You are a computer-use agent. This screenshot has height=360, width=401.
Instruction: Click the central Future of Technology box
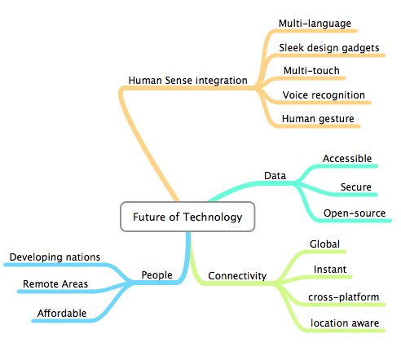coord(187,217)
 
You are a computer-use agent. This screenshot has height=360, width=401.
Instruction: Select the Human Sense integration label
coord(187,81)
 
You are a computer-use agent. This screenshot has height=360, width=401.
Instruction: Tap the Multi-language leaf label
coord(315,24)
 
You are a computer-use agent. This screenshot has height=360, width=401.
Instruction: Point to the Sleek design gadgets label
coord(329,48)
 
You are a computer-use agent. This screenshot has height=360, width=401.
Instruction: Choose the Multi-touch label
coord(311,71)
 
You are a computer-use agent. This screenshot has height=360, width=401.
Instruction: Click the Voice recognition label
coord(324,95)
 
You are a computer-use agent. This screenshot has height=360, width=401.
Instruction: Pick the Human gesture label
coord(318,119)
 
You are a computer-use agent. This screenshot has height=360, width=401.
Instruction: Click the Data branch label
coord(275,176)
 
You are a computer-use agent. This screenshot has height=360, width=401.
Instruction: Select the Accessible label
coord(347,159)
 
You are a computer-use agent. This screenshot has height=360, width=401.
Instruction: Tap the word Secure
coord(356,187)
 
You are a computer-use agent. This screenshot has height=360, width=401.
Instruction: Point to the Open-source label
coord(355,213)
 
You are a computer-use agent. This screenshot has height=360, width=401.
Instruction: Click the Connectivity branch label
coord(237,276)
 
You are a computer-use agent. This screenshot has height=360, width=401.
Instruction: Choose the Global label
coord(324,244)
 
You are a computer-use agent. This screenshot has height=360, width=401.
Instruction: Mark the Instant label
coord(330,270)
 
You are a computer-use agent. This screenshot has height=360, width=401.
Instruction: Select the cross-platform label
coord(344,297)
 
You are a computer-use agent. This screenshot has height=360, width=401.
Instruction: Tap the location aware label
coord(345,323)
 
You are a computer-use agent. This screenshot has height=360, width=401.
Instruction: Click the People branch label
coord(156,275)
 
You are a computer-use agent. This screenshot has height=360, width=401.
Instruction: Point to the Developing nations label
coord(55,257)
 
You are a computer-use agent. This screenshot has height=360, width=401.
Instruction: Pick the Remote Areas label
coord(55,284)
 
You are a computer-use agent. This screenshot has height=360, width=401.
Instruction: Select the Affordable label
coord(62,314)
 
